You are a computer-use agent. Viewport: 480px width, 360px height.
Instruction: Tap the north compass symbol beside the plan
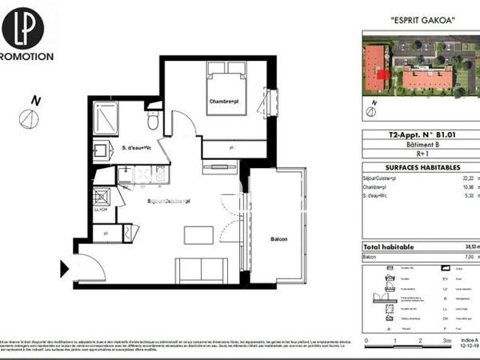[30, 118]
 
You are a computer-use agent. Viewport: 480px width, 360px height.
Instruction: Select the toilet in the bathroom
[153, 120]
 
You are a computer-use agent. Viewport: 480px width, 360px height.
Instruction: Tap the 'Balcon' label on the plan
[278, 239]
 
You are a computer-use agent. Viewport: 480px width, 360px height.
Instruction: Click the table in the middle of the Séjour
[199, 235]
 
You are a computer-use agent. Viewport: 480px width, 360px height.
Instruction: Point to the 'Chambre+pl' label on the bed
[226, 102]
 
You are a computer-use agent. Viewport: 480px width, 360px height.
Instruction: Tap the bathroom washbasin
[102, 150]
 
